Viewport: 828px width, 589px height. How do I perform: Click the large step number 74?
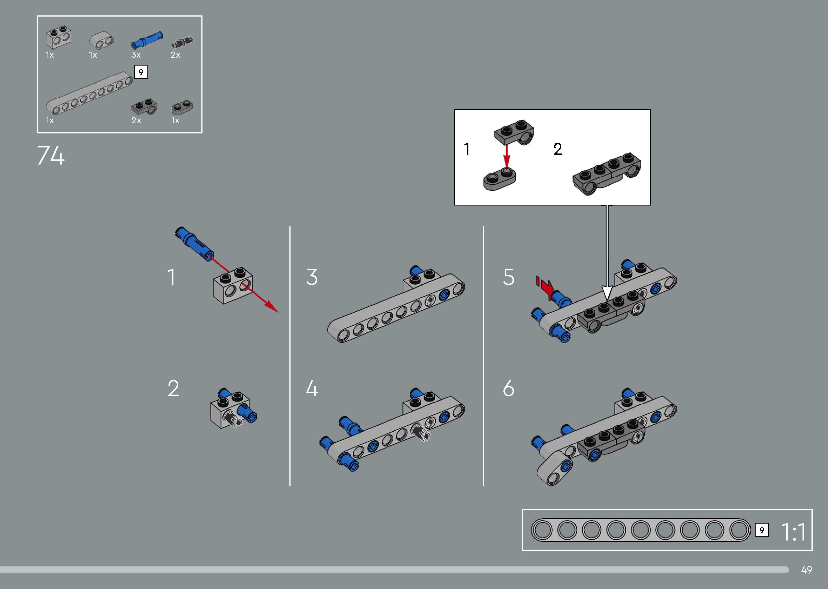[51, 156]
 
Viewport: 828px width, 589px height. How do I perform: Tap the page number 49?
[806, 570]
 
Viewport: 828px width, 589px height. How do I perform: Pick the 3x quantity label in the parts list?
[136, 55]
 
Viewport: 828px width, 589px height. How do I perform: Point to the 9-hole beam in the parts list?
[89, 93]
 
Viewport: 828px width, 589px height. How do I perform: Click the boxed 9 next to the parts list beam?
[141, 72]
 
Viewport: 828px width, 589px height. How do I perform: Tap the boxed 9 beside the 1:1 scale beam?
[762, 531]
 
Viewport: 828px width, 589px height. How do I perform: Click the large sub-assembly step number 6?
[508, 389]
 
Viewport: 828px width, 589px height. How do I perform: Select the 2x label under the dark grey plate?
[136, 121]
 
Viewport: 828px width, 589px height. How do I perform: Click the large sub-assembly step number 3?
[312, 277]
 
